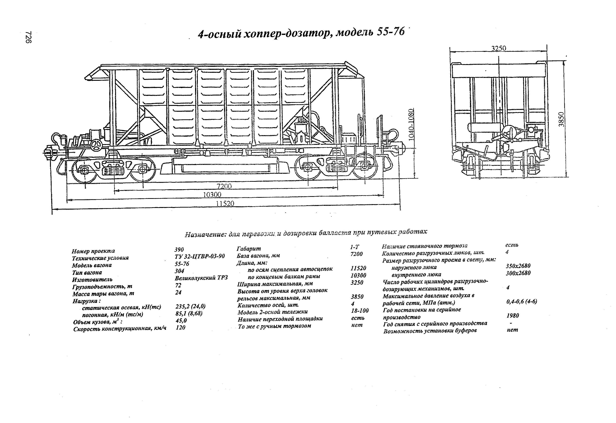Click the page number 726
point(28,37)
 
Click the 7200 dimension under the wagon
point(224,186)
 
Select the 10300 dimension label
point(212,195)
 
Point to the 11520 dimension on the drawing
point(225,203)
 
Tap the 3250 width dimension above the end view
point(499,48)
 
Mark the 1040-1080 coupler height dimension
point(411,125)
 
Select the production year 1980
point(513,316)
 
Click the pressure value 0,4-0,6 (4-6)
point(521,301)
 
